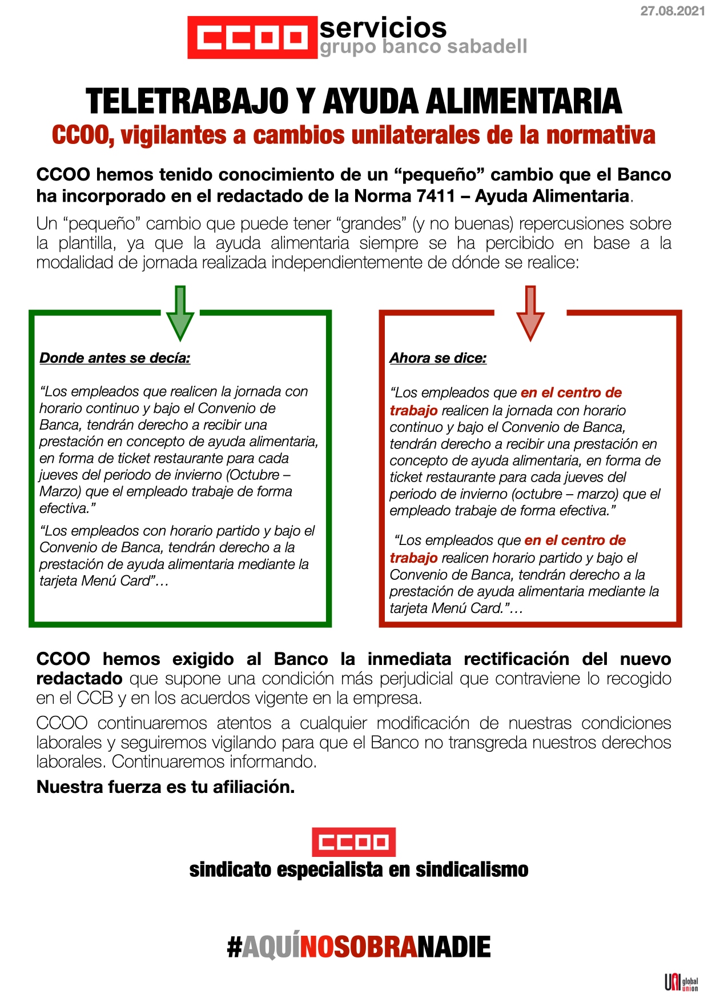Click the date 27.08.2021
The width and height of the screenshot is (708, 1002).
coord(672,11)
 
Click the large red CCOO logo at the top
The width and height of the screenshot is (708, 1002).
coord(252,38)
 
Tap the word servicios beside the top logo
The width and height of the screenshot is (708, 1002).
coord(383,27)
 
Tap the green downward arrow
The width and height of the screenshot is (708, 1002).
coord(180,312)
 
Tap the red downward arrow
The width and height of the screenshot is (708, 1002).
coord(530,312)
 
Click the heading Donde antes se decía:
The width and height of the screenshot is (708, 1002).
coord(115,358)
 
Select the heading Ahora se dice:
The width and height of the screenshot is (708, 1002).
coord(438,358)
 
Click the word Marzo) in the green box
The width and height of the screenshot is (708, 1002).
coord(59,491)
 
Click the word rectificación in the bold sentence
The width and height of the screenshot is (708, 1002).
coord(516,659)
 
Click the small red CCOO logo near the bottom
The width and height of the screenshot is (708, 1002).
coord(353,842)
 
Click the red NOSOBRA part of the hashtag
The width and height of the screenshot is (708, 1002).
coord(359,947)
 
